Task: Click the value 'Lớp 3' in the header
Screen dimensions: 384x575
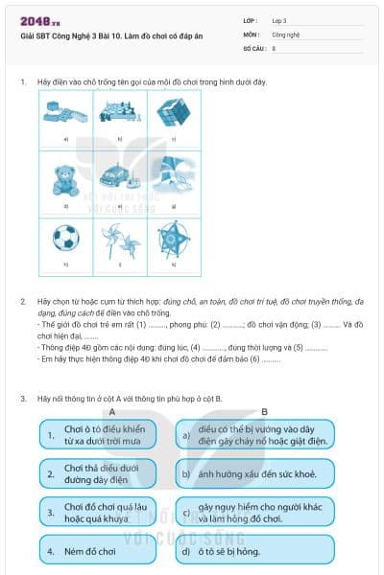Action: [x=279, y=19]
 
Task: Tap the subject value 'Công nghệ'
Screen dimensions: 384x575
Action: [x=286, y=33]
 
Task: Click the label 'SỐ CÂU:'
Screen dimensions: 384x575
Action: [x=254, y=47]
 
